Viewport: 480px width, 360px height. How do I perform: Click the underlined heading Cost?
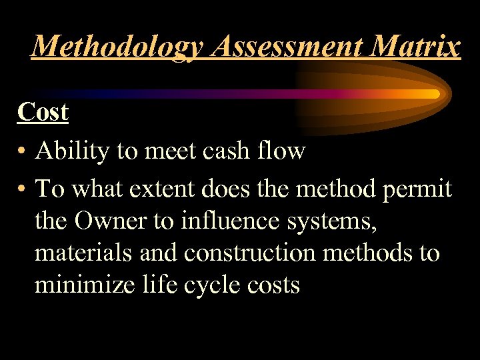[x=43, y=112]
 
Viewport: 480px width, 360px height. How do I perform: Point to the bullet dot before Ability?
[x=23, y=152]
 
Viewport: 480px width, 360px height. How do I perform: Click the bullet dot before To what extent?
[x=23, y=190]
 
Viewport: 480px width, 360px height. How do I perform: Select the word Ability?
[x=72, y=152]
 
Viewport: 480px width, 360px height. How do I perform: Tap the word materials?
[x=81, y=253]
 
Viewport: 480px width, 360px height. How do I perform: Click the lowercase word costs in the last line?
[x=273, y=285]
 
